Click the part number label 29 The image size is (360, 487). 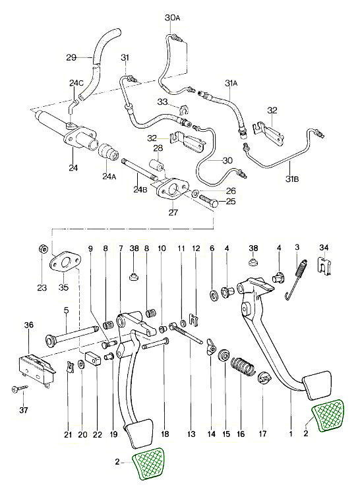(x=71, y=57)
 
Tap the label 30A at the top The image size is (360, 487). (x=173, y=18)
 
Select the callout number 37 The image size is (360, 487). (x=24, y=410)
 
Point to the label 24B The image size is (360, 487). (x=140, y=189)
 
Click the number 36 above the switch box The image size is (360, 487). (x=29, y=325)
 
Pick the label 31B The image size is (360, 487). (x=293, y=179)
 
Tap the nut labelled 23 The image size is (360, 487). (x=43, y=248)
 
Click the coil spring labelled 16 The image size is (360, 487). (x=243, y=366)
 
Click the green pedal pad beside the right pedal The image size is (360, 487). (x=328, y=416)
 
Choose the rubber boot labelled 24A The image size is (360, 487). (x=109, y=152)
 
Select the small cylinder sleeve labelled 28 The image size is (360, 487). (x=157, y=164)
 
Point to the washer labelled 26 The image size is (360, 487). (x=196, y=193)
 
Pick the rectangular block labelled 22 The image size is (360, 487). (x=93, y=358)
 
